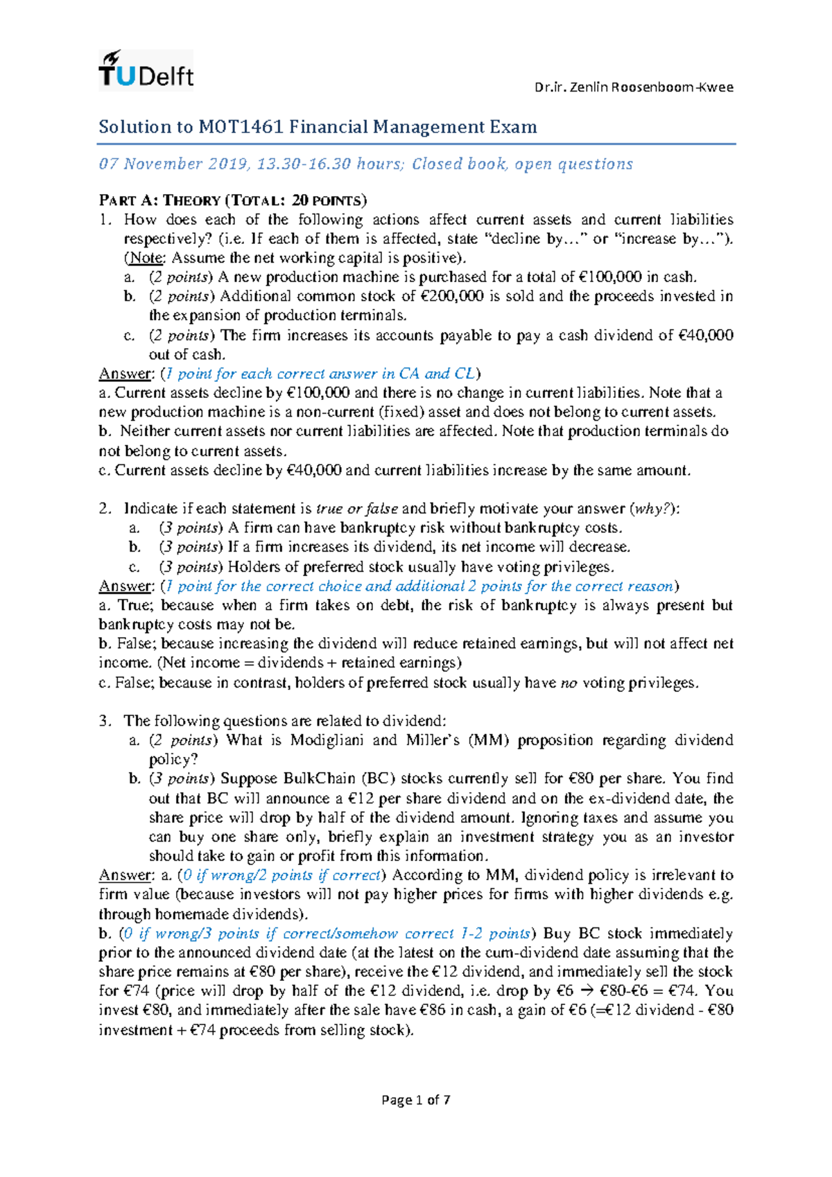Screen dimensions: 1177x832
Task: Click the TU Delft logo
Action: pos(146,71)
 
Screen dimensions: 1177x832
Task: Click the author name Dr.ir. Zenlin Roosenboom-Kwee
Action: pos(633,87)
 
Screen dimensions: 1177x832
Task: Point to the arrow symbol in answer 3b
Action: pos(587,991)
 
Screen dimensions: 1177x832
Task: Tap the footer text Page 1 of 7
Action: pos(416,1100)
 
